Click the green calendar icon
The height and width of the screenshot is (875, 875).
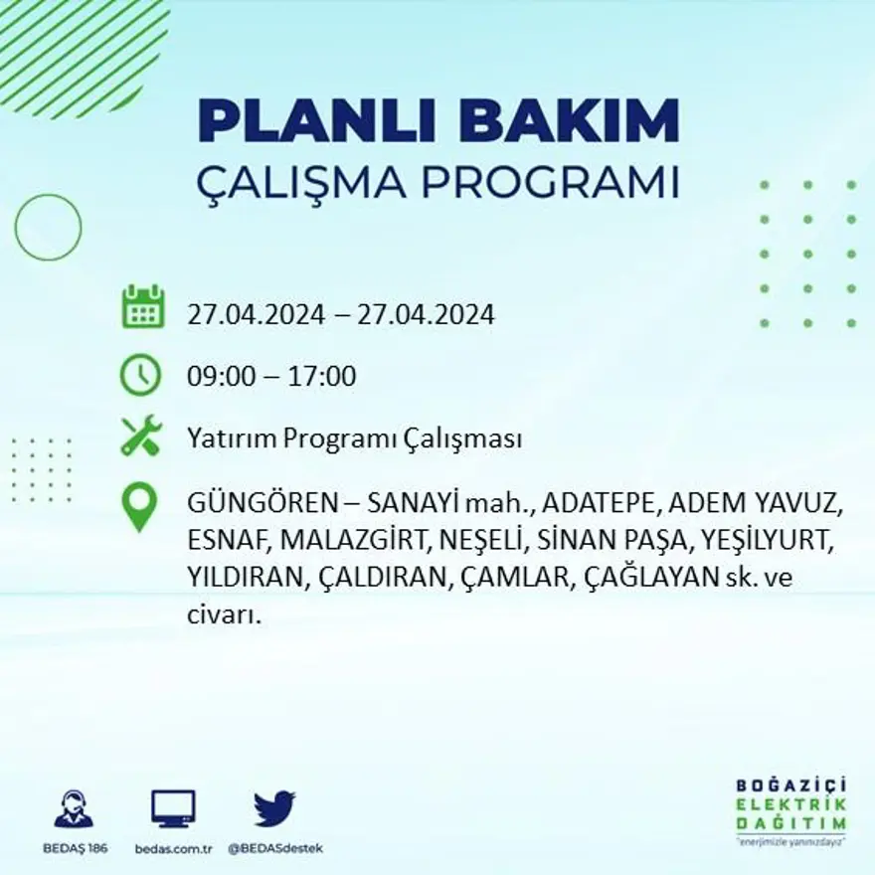[143, 307]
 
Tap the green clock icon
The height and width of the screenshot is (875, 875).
[140, 375]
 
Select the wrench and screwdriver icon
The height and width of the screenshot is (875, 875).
[140, 436]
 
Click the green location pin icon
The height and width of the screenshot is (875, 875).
[139, 506]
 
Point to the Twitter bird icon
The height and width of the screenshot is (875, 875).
[273, 808]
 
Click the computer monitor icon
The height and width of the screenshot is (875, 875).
[173, 808]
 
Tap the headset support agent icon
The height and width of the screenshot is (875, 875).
[74, 808]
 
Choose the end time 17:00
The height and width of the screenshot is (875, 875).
[322, 377]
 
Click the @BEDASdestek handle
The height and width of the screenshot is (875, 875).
[275, 848]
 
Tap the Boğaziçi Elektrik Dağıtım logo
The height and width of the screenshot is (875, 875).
[791, 808]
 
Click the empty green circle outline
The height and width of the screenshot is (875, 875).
[48, 228]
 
